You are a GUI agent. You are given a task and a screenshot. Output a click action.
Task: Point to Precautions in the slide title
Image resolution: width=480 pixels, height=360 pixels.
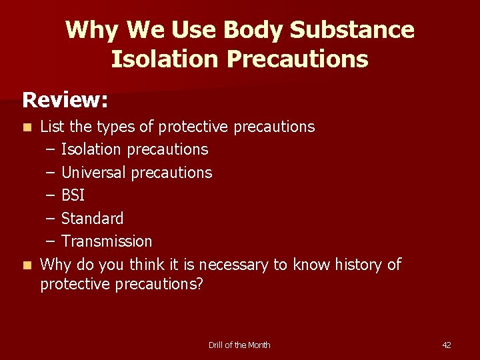pyautogui.click(x=297, y=59)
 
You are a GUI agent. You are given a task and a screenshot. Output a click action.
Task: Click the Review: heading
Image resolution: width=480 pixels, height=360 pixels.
pyautogui.click(x=65, y=101)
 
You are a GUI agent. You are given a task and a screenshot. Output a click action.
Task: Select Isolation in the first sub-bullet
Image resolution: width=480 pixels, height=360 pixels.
pyautogui.click(x=91, y=149)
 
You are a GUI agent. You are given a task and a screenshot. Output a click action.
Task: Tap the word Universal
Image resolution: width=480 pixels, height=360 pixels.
pyautogui.click(x=93, y=173)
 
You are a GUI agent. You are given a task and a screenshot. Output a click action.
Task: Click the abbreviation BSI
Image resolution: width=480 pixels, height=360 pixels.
pyautogui.click(x=73, y=195)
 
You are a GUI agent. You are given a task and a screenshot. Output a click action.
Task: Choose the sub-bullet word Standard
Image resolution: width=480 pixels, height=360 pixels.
pyautogui.click(x=92, y=219)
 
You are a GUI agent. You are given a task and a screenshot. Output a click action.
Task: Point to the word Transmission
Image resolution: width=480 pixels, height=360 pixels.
pyautogui.click(x=107, y=241)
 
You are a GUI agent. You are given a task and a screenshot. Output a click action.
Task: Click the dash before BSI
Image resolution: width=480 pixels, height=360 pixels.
pyautogui.click(x=49, y=195)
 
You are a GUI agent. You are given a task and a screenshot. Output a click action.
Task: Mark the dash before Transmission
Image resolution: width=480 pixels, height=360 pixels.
pyautogui.click(x=49, y=241)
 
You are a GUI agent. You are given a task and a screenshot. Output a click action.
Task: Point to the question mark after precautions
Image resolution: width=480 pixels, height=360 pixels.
pyautogui.click(x=199, y=284)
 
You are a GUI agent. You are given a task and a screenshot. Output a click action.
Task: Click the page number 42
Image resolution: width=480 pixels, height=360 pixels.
pyautogui.click(x=447, y=345)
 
